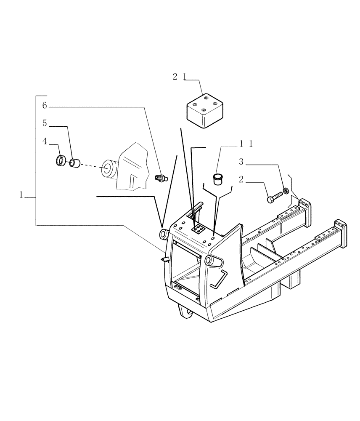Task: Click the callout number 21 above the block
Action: coord(180,77)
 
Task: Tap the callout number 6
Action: coord(45,106)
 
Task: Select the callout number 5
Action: coord(45,123)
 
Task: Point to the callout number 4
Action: coord(45,142)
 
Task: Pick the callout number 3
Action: coord(241,162)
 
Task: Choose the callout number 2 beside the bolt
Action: coord(241,180)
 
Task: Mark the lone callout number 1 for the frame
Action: coord(21,195)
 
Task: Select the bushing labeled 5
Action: coord(75,163)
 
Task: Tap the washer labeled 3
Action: coord(286,191)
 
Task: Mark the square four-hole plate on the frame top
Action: coord(198,229)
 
